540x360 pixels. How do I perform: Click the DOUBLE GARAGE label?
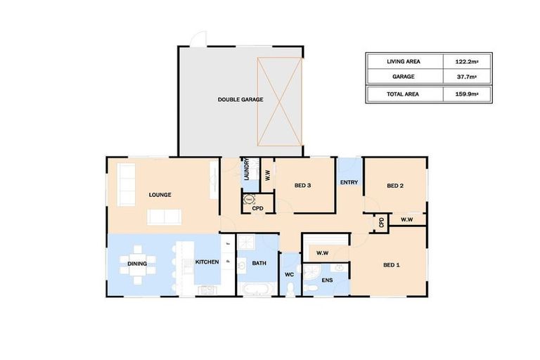240,100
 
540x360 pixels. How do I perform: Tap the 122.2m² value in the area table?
466,62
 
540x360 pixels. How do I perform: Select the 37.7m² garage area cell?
466,77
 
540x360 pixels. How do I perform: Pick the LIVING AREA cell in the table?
404,62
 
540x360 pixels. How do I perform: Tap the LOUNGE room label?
160,195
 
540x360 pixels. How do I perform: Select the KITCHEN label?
207,262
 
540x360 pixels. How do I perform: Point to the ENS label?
327,281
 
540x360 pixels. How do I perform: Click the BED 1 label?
392,265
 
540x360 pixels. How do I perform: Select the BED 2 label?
395,186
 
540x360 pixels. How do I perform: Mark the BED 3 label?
302,186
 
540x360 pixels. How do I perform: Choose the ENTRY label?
349,183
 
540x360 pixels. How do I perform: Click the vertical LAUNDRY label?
247,169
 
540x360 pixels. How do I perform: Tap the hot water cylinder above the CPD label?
250,200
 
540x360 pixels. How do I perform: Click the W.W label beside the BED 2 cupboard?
406,220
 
